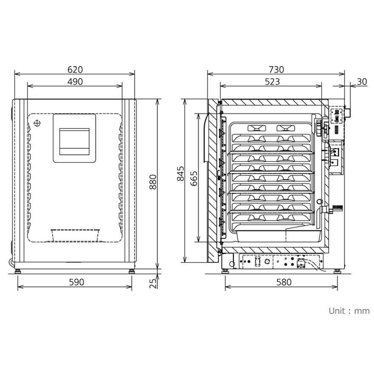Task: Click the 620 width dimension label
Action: (75, 69)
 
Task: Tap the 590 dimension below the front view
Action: (75, 282)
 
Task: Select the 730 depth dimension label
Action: (276, 69)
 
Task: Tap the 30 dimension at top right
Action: (362, 81)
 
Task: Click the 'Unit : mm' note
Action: (349, 311)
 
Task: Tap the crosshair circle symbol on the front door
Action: (38, 123)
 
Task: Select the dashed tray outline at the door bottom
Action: (75, 235)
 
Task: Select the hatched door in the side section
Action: (212, 178)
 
